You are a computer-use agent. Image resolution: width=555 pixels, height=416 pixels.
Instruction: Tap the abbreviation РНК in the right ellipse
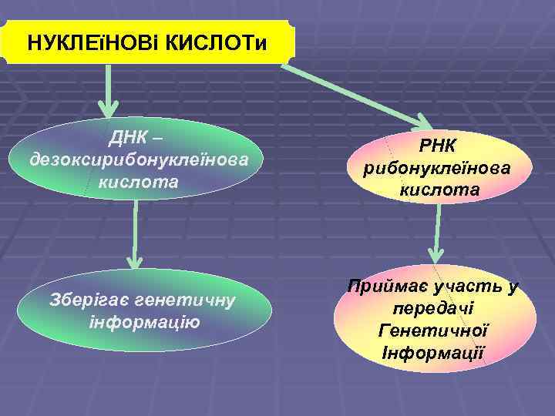(x=438, y=147)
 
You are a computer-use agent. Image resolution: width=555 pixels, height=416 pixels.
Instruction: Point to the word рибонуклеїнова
(x=438, y=169)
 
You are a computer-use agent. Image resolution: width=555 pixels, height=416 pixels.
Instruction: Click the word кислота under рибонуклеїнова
(x=438, y=190)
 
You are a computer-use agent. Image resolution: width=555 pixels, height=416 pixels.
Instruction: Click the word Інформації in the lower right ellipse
(x=432, y=353)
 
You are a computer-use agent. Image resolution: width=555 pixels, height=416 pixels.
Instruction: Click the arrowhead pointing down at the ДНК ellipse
(x=107, y=106)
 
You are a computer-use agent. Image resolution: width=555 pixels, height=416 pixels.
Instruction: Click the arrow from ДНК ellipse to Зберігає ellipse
(x=136, y=239)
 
